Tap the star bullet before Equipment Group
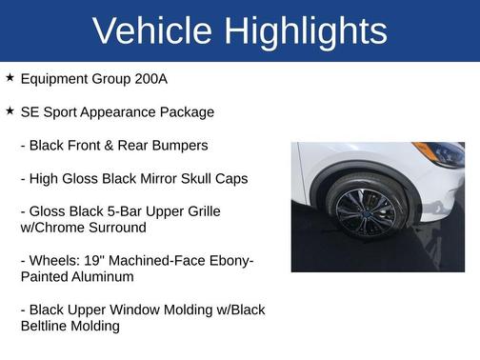coord(10,78)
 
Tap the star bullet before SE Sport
coord(10,111)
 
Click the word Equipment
coord(53,79)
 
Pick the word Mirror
coord(150,178)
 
